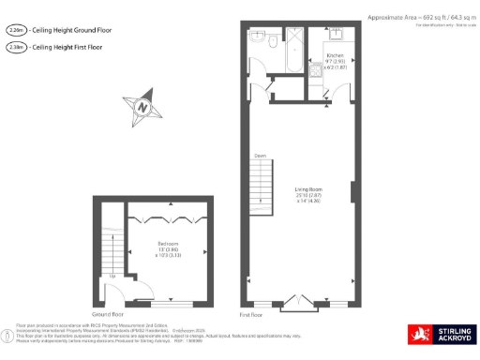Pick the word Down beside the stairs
click(260, 156)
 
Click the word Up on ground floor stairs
click(112, 277)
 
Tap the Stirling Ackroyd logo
click(440, 333)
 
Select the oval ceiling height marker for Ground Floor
click(14, 30)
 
